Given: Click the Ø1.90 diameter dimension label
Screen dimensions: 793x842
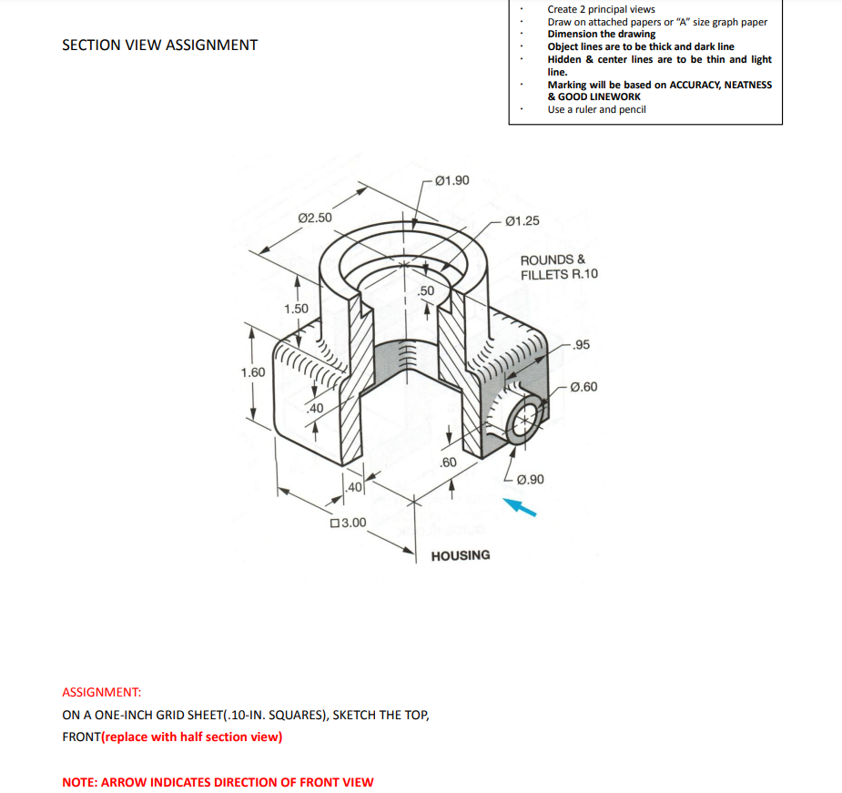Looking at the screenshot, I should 452,180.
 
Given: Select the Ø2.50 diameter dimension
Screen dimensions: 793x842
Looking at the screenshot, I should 315,218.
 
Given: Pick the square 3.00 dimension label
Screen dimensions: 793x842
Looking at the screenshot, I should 349,523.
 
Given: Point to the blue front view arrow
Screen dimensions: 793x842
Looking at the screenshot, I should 520,506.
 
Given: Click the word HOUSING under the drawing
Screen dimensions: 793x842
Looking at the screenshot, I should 460,555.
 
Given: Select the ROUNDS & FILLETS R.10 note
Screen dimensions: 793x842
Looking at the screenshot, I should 559,267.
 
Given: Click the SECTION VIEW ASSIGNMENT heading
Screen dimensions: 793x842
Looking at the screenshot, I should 159,45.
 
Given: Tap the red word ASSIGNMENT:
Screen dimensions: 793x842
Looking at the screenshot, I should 101,692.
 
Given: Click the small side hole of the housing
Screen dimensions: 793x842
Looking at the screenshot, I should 525,422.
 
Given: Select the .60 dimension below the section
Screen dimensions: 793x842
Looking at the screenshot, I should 448,463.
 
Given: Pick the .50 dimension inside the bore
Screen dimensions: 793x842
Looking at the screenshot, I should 427,290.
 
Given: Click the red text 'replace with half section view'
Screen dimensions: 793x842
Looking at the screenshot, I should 193,737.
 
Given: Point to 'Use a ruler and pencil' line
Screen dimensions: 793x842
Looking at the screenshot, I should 596,109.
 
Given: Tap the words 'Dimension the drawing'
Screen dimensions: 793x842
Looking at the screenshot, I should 601,34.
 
